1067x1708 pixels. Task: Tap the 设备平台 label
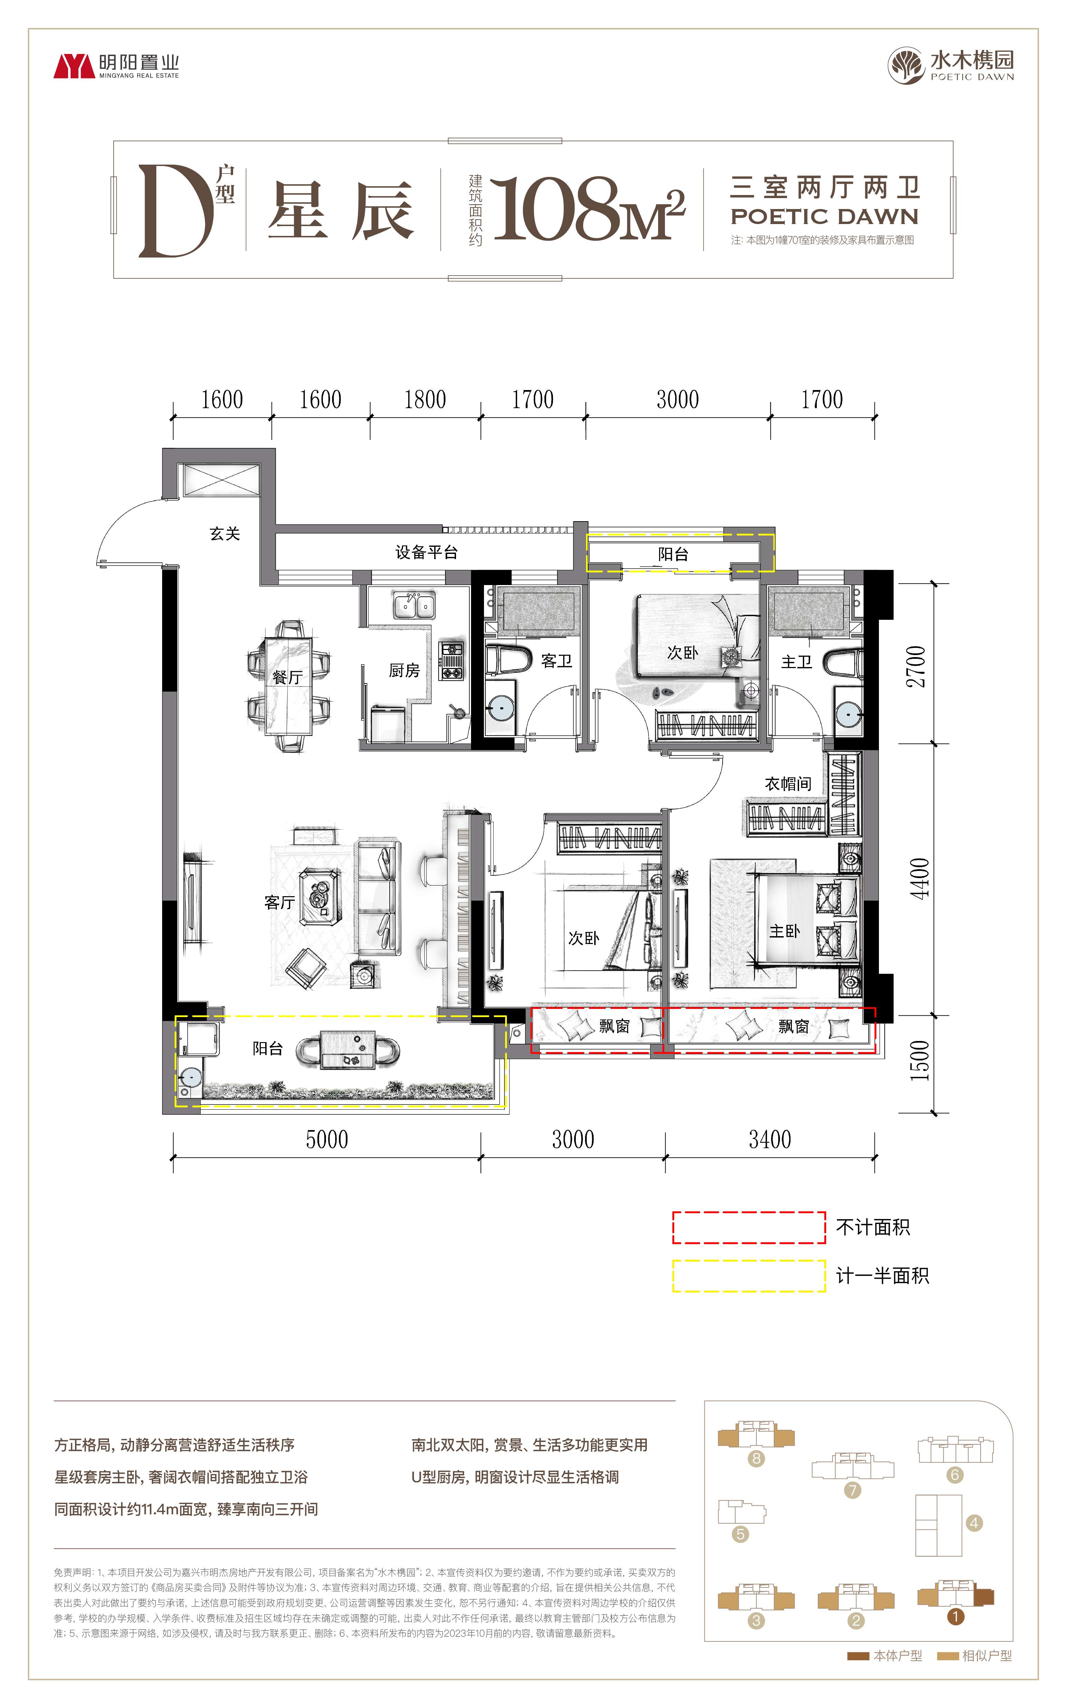[426, 552]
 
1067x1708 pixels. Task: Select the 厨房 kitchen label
[404, 670]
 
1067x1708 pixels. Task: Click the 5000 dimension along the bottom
[327, 1139]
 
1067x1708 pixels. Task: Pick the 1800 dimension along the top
[425, 400]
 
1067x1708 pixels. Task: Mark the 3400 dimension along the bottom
[770, 1139]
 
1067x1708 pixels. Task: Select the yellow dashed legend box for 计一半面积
[749, 1276]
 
